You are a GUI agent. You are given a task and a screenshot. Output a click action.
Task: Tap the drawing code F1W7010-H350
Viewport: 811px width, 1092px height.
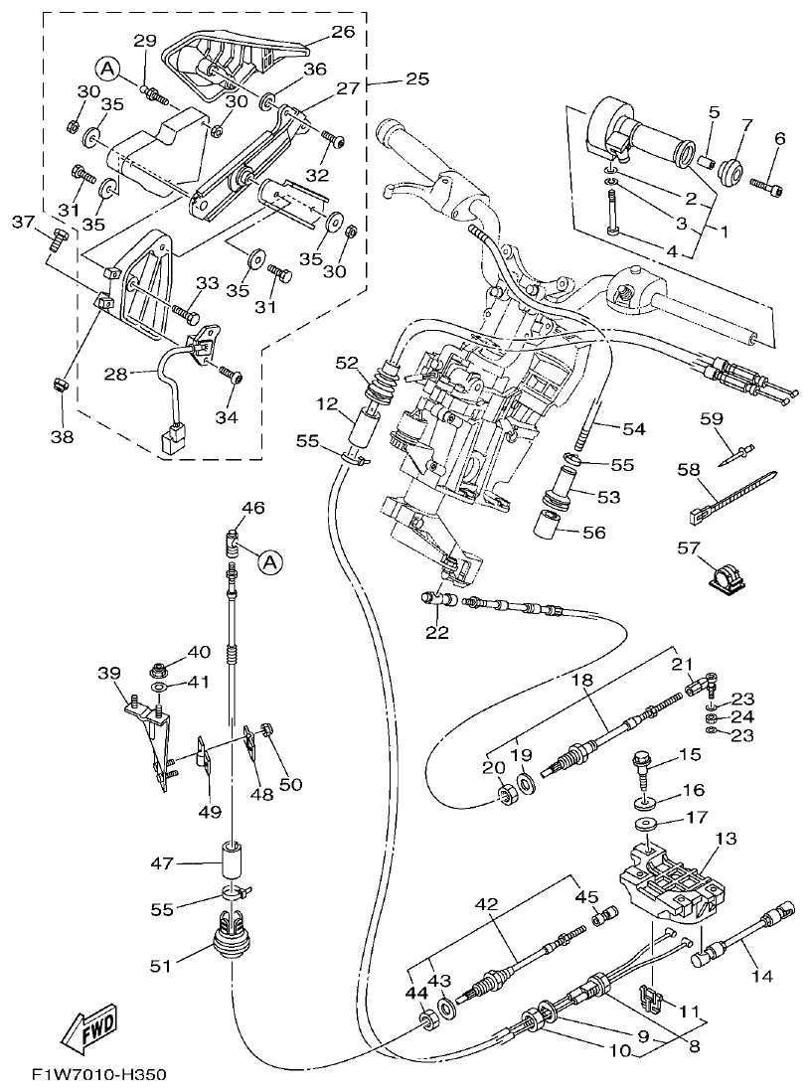click(x=97, y=1075)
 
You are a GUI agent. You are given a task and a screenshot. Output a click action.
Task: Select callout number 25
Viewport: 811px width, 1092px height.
click(x=416, y=78)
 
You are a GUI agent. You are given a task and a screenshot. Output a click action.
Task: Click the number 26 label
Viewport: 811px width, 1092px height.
click(x=343, y=32)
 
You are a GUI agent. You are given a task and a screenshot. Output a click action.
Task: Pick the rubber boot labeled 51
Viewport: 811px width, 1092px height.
click(x=233, y=943)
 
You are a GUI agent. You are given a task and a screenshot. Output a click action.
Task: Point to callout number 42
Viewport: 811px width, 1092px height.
click(x=486, y=905)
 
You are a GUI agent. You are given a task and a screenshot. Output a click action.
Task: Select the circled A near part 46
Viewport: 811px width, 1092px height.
click(x=268, y=562)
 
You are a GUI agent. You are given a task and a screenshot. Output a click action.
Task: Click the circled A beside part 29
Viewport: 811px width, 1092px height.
click(x=106, y=68)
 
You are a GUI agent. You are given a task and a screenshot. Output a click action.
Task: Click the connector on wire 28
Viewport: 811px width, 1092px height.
click(x=176, y=438)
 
